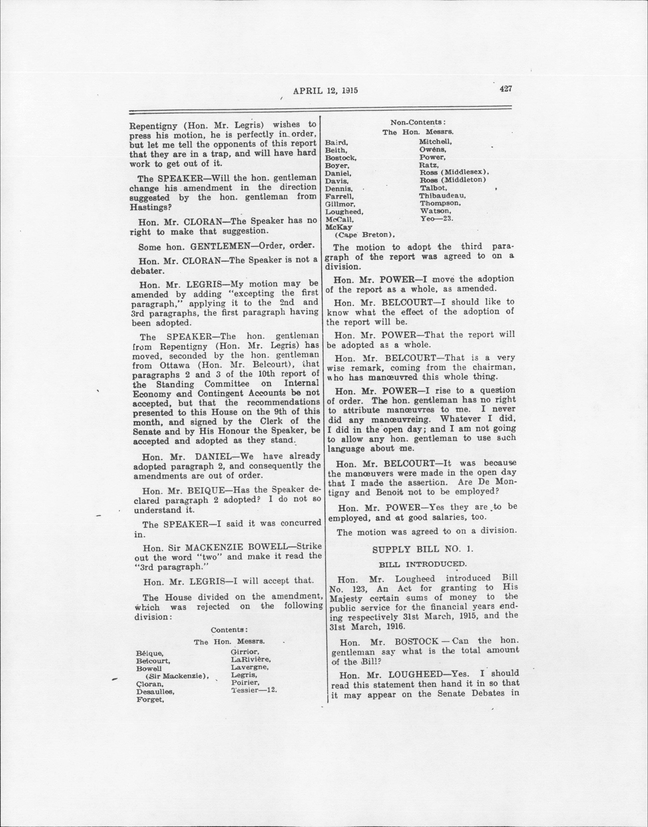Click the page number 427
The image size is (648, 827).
pyautogui.click(x=506, y=89)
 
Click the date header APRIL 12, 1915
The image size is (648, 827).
pyautogui.click(x=326, y=91)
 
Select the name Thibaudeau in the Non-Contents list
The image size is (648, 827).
pyautogui.click(x=442, y=195)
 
